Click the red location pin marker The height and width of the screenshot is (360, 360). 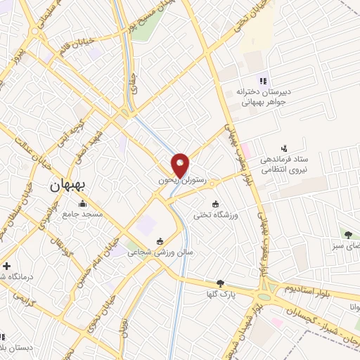(181, 165)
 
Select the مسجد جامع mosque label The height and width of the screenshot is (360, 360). (82, 213)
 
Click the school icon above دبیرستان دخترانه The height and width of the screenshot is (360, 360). (263, 80)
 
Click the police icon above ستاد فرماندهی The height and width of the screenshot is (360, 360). (284, 148)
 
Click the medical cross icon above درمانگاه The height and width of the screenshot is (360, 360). (7, 266)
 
